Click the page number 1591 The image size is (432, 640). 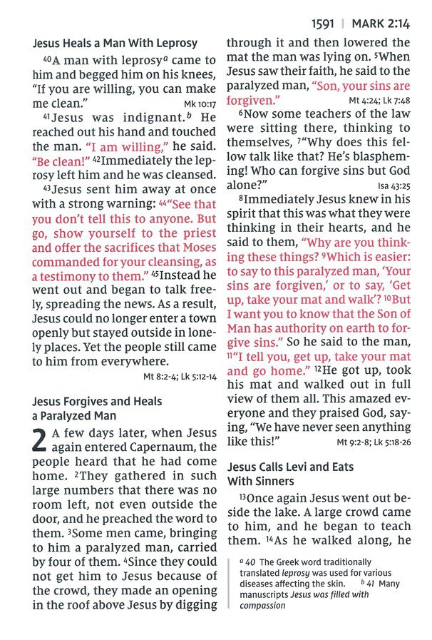326,22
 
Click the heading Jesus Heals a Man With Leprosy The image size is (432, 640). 115,44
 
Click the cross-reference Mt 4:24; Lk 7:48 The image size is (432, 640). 379,101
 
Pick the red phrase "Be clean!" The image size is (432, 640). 60,161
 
